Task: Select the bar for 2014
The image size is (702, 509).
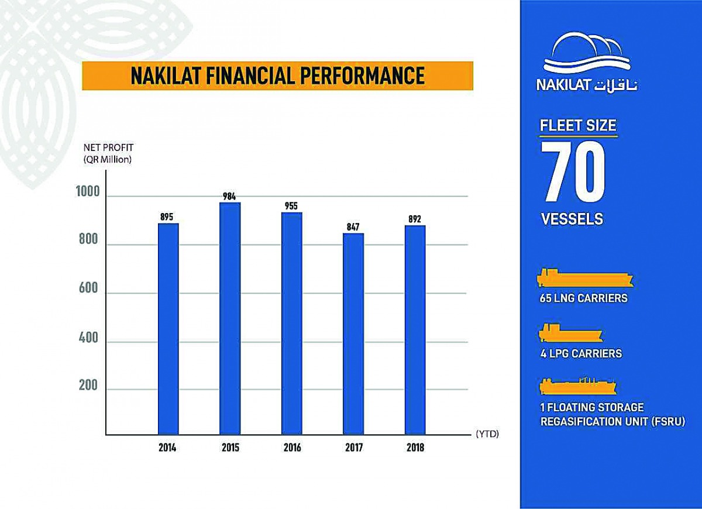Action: coord(168,329)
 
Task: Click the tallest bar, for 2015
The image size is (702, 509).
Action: coord(230,318)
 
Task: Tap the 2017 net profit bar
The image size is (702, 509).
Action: coord(353,334)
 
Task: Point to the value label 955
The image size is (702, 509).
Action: coord(291,206)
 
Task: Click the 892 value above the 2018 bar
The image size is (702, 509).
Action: coord(415,219)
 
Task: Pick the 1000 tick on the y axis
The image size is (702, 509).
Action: coord(88,191)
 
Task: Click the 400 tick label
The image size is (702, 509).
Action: coord(89,338)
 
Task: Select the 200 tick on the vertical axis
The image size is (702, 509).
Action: coord(89,386)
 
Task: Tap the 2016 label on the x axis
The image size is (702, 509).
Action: coord(292,448)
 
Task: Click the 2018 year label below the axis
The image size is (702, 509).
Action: coord(415,448)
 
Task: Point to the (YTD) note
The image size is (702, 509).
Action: coord(487,434)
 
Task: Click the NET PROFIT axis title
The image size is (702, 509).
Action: coord(108,147)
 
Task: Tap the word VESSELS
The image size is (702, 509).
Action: coord(572,219)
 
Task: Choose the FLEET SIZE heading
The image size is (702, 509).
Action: coord(578,125)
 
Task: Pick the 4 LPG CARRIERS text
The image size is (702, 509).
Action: coord(581,353)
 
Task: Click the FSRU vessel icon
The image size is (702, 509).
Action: coord(578,388)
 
